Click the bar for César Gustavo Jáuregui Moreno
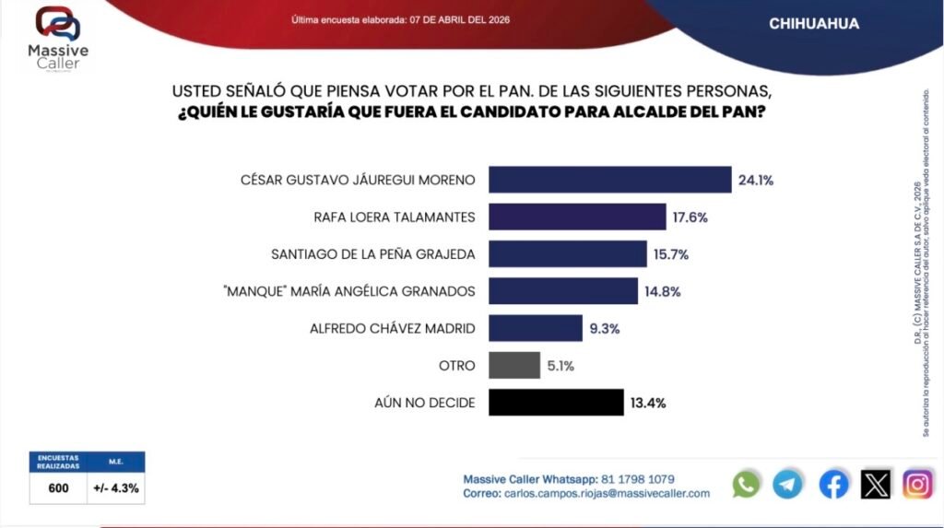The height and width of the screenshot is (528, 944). tap(609, 179)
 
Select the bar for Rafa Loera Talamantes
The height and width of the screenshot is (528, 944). tap(577, 217)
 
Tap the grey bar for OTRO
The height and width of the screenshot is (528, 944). tap(514, 365)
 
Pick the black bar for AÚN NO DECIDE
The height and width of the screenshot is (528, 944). tap(556, 403)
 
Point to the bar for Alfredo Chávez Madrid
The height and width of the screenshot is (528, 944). tap(536, 328)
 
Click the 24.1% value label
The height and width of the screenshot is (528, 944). tap(755, 180)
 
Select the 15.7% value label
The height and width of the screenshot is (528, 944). tap(671, 254)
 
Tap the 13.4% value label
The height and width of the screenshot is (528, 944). tap(647, 403)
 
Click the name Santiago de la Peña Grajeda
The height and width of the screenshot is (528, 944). tap(373, 254)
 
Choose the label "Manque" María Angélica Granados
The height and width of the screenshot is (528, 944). tap(360, 291)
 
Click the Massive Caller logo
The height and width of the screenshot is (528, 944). tap(58, 38)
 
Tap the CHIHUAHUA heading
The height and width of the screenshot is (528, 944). tap(814, 24)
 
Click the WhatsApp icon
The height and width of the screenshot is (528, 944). tap(746, 484)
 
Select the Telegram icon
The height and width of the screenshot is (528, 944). tap(787, 484)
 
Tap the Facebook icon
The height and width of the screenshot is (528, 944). tap(833, 484)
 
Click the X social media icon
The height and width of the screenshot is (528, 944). tap(876, 484)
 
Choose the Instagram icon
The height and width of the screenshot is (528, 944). tap(918, 484)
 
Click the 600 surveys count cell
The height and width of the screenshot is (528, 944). tap(58, 488)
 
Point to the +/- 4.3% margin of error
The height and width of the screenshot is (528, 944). tap(117, 488)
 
